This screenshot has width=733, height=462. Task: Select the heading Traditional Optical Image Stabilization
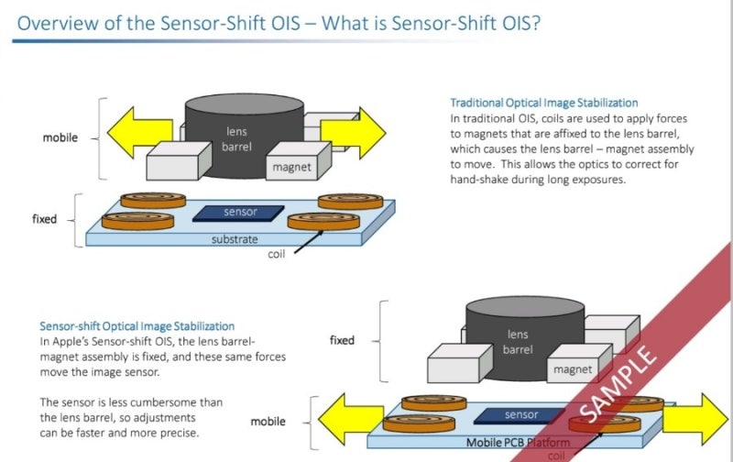pos(544,103)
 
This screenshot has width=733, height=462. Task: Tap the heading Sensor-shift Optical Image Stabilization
pos(137,325)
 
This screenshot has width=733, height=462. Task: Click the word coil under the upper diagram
pos(278,254)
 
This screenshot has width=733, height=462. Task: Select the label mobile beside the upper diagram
pos(60,138)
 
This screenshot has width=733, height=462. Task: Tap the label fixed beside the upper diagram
pos(44,219)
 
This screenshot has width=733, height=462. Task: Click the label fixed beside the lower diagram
pos(342,340)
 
